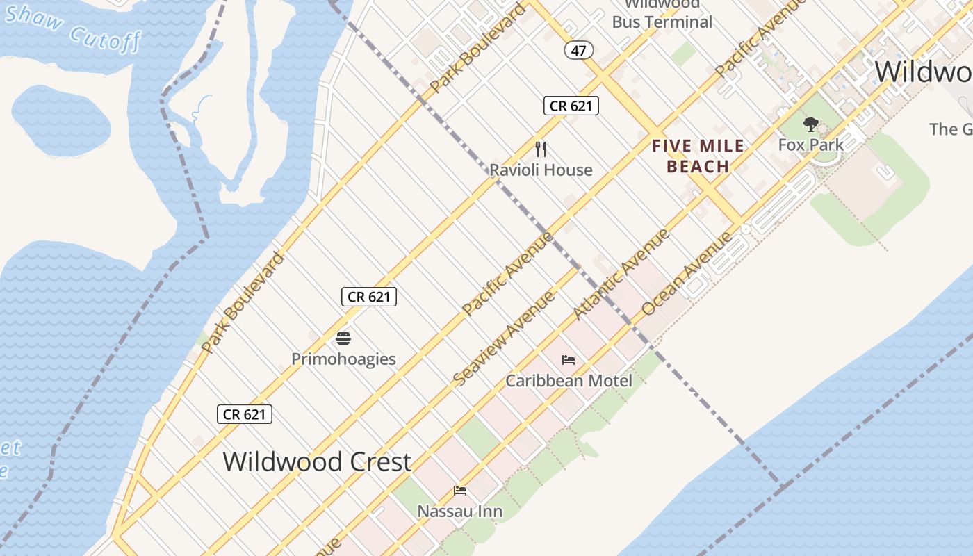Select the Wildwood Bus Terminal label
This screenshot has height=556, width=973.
tap(662, 15)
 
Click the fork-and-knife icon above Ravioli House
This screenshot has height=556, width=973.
tap(541, 149)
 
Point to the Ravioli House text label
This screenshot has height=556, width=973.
tap(541, 170)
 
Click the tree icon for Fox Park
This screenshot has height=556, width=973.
tap(810, 125)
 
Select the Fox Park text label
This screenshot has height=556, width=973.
tap(810, 145)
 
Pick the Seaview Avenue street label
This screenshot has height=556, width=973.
tap(504, 338)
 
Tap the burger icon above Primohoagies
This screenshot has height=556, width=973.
tap(343, 338)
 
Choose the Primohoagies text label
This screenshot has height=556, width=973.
tap(343, 359)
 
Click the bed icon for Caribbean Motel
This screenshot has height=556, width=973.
tap(569, 360)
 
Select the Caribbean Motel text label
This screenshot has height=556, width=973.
tap(569, 381)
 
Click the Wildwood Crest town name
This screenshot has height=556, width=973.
tap(317, 462)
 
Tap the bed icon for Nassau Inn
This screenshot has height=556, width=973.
tap(459, 491)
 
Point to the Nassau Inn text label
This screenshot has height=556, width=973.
tap(459, 512)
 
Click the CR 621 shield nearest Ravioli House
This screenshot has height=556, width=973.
tap(571, 106)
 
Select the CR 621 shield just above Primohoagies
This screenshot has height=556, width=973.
tap(368, 297)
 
